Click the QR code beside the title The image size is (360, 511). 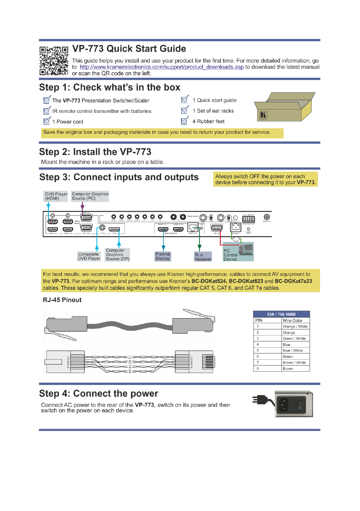(54, 61)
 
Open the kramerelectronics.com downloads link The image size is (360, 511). (162, 67)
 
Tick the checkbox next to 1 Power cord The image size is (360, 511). (47, 122)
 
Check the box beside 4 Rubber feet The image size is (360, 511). (185, 121)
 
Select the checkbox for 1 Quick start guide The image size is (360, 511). (185, 100)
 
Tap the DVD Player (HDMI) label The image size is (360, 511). (56, 196)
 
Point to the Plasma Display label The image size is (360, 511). (163, 256)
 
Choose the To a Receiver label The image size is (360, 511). (203, 257)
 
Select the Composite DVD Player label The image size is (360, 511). (89, 256)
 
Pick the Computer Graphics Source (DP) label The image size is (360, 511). (117, 255)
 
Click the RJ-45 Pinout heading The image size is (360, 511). (62, 300)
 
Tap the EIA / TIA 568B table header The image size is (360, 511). (281, 314)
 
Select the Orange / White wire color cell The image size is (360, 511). (295, 326)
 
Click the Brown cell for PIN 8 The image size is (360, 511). (288, 369)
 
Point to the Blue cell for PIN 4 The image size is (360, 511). (287, 345)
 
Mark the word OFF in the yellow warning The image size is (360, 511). (255, 177)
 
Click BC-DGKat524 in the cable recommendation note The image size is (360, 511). (209, 281)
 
